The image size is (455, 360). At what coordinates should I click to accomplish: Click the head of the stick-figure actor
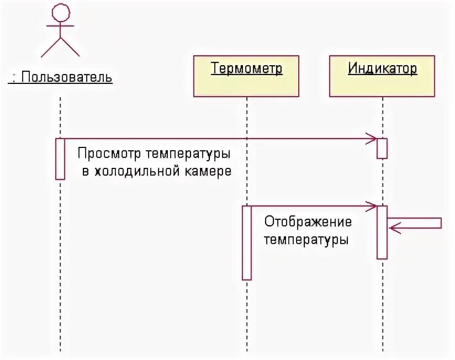click(60, 12)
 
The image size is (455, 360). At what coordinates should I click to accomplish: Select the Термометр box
click(246, 76)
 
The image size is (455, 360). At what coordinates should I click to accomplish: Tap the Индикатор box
click(382, 76)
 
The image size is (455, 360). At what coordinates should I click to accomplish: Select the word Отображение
click(308, 222)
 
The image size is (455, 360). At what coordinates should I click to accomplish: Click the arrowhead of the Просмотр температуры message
click(373, 138)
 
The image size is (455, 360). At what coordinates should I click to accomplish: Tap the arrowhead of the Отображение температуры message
click(373, 206)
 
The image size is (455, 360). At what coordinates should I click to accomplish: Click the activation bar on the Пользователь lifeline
click(60, 158)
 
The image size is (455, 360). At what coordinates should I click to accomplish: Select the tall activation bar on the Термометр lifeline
click(247, 242)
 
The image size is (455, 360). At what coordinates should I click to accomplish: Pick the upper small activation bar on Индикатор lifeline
click(382, 148)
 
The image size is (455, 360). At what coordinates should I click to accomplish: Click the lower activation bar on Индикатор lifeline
click(382, 232)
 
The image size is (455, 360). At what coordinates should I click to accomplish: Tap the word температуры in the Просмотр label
click(188, 153)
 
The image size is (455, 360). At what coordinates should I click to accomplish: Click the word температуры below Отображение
click(306, 240)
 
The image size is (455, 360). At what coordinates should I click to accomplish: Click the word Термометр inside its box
click(246, 69)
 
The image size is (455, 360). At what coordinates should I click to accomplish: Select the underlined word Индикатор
click(382, 69)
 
